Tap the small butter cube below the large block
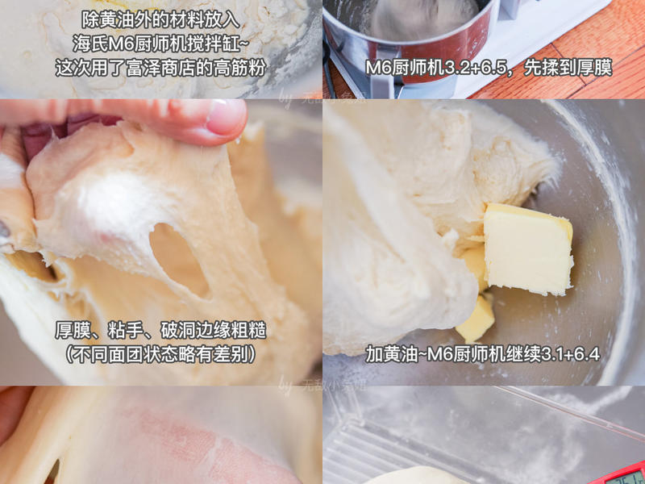tap(477, 318)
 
